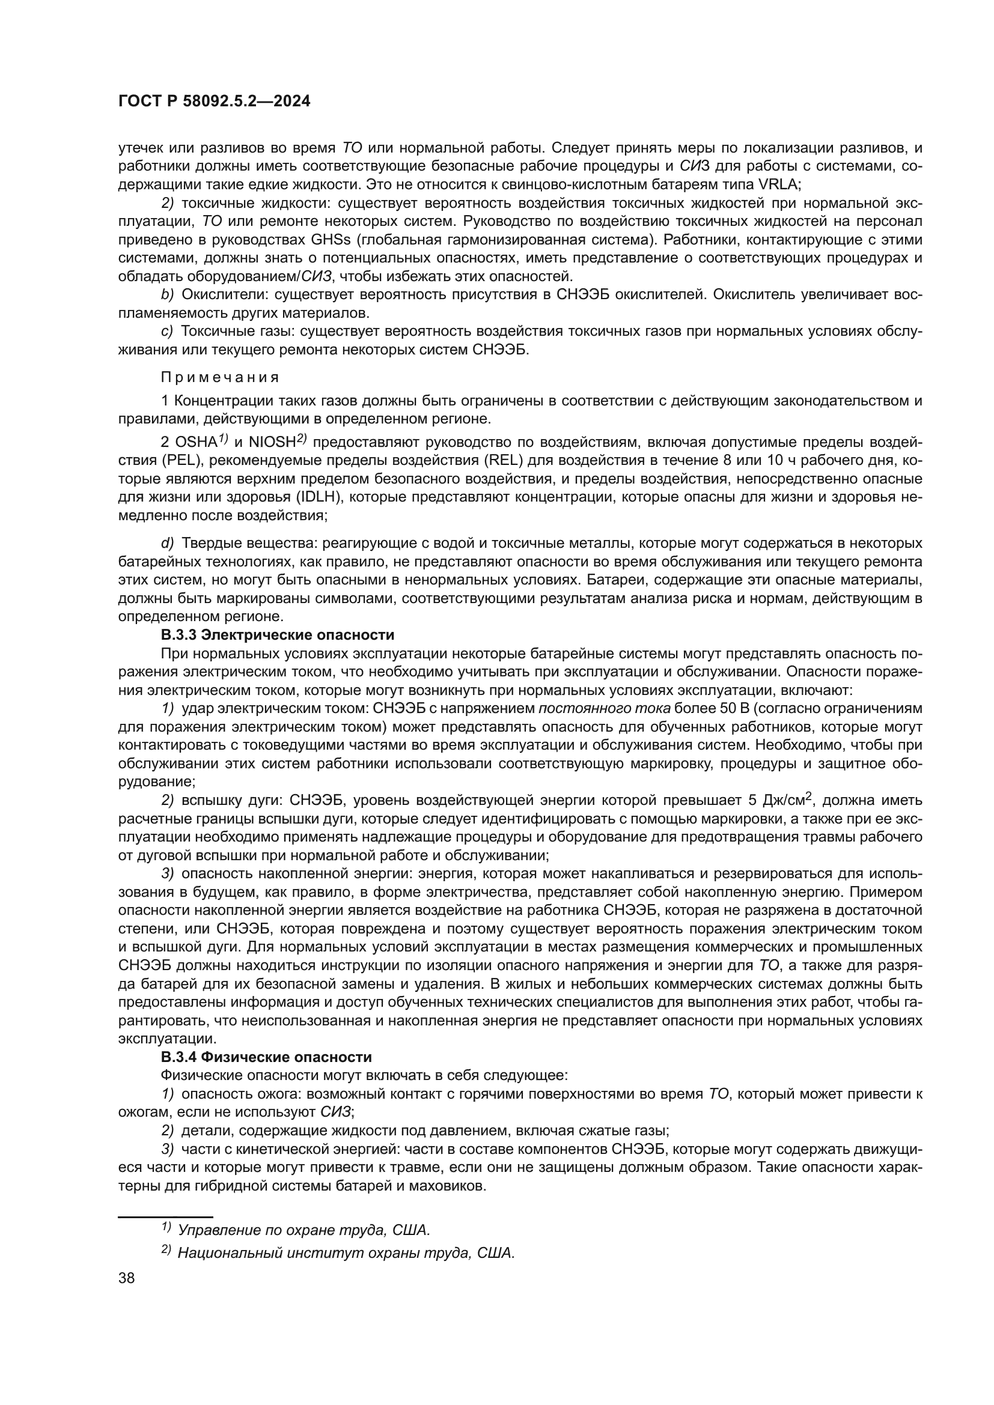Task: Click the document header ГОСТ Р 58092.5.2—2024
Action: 214,101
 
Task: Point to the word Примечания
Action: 220,378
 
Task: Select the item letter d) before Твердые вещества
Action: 168,543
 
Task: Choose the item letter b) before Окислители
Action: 168,295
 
